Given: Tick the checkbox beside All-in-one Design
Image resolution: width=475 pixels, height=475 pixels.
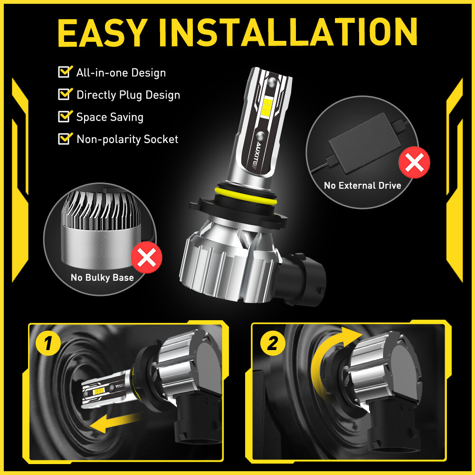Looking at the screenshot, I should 64,72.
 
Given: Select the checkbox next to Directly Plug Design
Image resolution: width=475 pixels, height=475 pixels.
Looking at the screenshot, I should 64,94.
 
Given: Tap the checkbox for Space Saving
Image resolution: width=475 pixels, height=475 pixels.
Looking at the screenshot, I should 64,116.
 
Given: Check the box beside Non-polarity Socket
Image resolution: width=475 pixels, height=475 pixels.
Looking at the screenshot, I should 64,139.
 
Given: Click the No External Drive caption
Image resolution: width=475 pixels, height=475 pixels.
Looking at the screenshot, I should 362,186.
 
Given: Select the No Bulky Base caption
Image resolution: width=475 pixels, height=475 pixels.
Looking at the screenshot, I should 102,277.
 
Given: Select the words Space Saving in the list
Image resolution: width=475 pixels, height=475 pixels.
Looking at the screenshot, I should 110,117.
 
